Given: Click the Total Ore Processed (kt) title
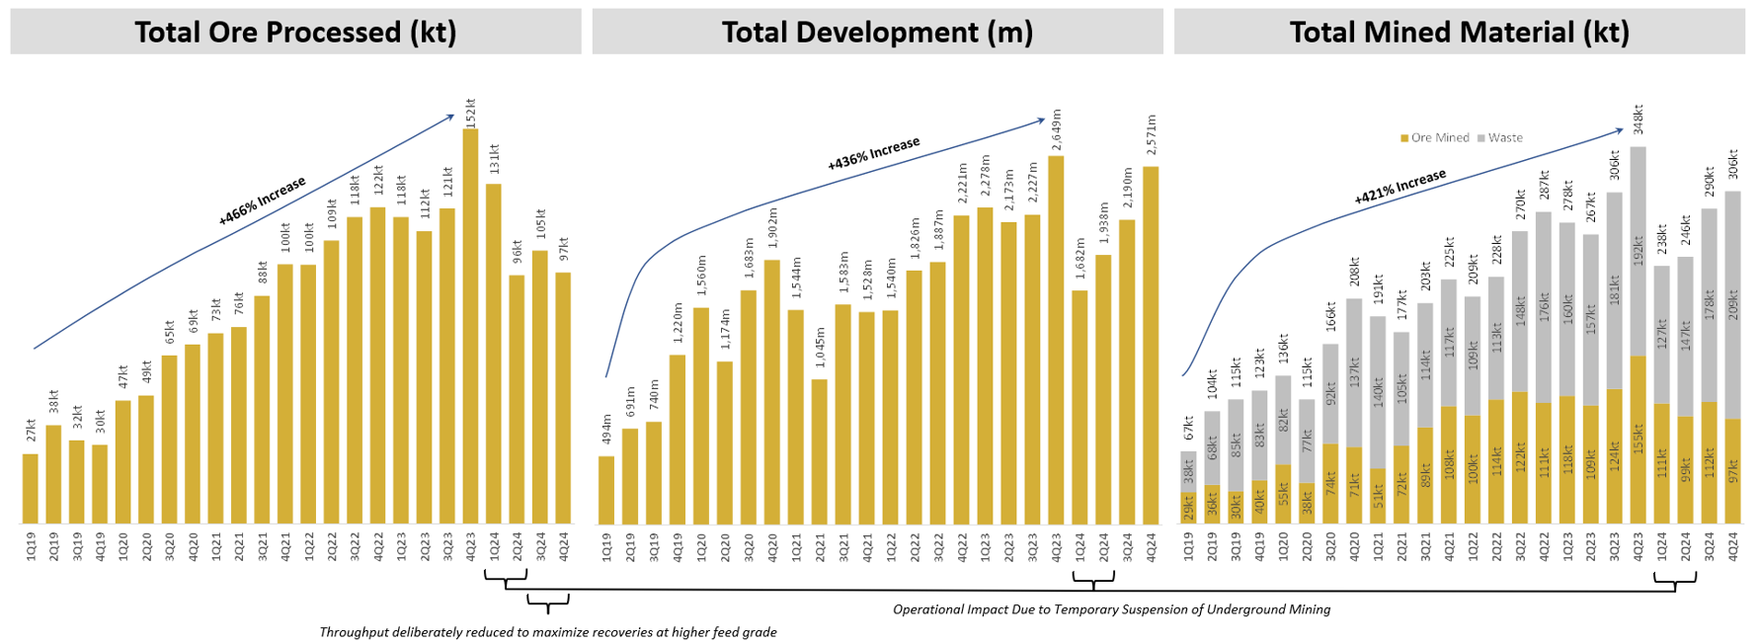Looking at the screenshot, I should point(295,33).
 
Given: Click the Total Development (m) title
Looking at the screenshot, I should point(877,33).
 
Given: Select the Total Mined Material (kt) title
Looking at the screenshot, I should point(1459,33).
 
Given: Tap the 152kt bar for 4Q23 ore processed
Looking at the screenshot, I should point(470,326).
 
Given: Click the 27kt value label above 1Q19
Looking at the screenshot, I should point(31,431).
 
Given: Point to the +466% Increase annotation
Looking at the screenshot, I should point(263,201).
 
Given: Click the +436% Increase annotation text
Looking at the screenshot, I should point(873,154).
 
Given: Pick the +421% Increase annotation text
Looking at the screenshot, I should point(1400,186).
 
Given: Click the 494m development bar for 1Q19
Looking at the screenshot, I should point(606,490).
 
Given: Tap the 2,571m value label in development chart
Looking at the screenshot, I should point(1151,135).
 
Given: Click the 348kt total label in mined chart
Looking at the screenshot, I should point(1638,121).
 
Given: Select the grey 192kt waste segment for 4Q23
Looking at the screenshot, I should point(1638,252).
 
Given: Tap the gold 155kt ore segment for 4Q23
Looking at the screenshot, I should point(1638,440).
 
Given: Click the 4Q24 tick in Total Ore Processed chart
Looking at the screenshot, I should point(564,546).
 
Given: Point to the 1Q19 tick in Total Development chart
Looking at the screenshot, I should point(606,546).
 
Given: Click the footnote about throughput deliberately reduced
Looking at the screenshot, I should point(547,632).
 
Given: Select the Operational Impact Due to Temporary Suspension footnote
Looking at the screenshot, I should point(1111,609).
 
